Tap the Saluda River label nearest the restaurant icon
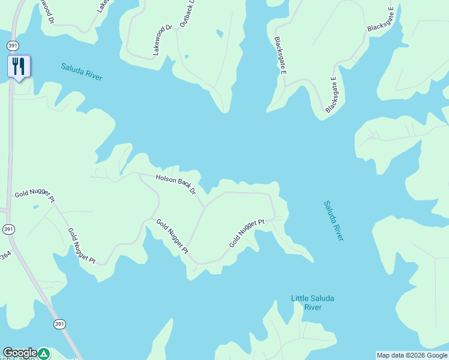(x=82, y=71)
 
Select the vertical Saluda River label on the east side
(x=334, y=220)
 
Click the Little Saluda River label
(x=312, y=302)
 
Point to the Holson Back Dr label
(x=176, y=184)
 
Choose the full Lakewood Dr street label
(x=163, y=40)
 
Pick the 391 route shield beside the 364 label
(x=8, y=229)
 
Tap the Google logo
(x=20, y=353)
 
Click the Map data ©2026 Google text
(x=412, y=355)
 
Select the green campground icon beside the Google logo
(x=44, y=353)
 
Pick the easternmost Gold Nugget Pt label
(x=247, y=233)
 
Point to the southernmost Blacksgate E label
(x=331, y=95)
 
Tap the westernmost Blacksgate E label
(x=280, y=56)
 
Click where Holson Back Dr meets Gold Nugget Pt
(x=205, y=208)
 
